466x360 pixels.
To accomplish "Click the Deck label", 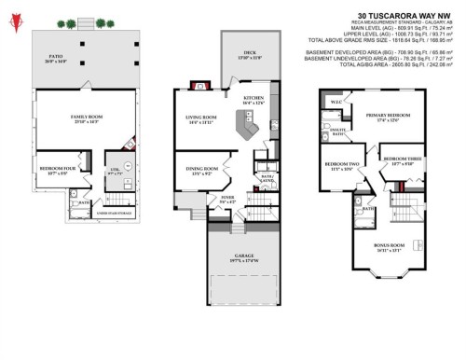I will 250,55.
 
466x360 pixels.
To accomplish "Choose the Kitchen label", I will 254,98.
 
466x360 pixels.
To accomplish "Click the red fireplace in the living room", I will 195,86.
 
